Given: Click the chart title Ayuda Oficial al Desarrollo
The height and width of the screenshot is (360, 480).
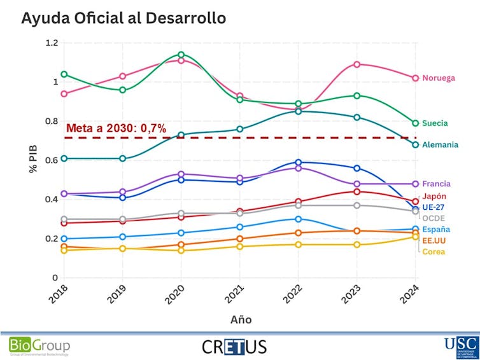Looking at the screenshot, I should [124, 18].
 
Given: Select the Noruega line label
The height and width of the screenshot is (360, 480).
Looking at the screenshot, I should [439, 78].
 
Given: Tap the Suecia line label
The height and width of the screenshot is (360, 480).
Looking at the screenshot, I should [435, 123].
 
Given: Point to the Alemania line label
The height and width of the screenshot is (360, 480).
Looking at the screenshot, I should [440, 145].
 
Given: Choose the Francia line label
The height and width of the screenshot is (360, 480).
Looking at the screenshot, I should [437, 184].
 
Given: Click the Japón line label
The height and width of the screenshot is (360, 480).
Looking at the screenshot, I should [435, 197].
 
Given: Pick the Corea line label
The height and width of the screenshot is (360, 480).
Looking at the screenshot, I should [434, 252].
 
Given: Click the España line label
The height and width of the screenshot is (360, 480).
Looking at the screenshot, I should [437, 230].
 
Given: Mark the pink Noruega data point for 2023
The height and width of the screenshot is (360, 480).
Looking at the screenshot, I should [357, 64].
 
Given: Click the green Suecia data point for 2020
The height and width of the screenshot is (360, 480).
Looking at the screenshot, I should [181, 55].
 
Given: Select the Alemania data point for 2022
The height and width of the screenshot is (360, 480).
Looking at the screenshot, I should [299, 111].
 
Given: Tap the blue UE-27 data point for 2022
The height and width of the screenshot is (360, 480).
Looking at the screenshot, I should [299, 162].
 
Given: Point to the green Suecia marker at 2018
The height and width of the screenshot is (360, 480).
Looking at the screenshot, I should [64, 74].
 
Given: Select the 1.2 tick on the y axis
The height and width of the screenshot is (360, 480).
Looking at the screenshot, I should [51, 43].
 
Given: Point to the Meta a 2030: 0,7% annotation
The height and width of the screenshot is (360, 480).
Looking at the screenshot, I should [116, 128].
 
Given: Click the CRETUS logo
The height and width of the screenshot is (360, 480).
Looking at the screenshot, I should [234, 346].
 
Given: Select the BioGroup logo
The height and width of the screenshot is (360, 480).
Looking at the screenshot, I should [39, 346].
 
